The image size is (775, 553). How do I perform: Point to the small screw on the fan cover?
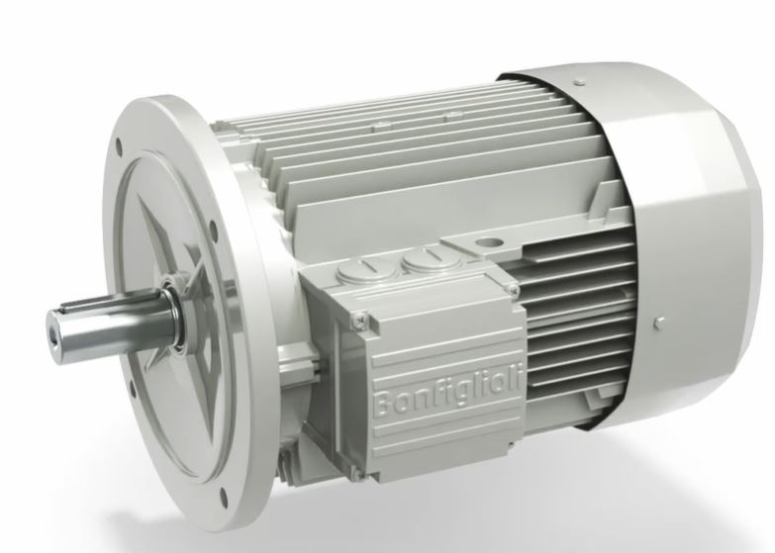click(x=659, y=322)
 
